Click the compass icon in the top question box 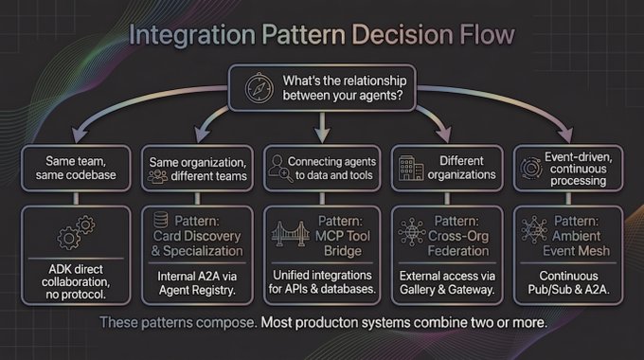pyautogui.click(x=259, y=88)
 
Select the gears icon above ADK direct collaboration pyautogui.click(x=76, y=232)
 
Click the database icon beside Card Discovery pyautogui.click(x=161, y=220)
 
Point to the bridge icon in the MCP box pyautogui.click(x=291, y=234)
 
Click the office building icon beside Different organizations pyautogui.click(x=411, y=168)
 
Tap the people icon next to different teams pyautogui.click(x=157, y=177)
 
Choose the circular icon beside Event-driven pyautogui.click(x=531, y=168)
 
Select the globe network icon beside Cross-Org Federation pyautogui.click(x=412, y=232)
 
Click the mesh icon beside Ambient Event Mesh pyautogui.click(x=534, y=229)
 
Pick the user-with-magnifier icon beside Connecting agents pyautogui.click(x=280, y=169)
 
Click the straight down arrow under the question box pyautogui.click(x=322, y=127)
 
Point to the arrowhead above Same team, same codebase pyautogui.click(x=80, y=135)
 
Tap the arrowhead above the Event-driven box pyautogui.click(x=565, y=135)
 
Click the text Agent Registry pyautogui.click(x=197, y=290)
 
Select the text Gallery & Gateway pyautogui.click(x=447, y=290)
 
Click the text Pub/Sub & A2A pyautogui.click(x=568, y=290)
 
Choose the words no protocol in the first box pyautogui.click(x=76, y=295)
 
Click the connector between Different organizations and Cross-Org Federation pyautogui.click(x=447, y=199)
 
